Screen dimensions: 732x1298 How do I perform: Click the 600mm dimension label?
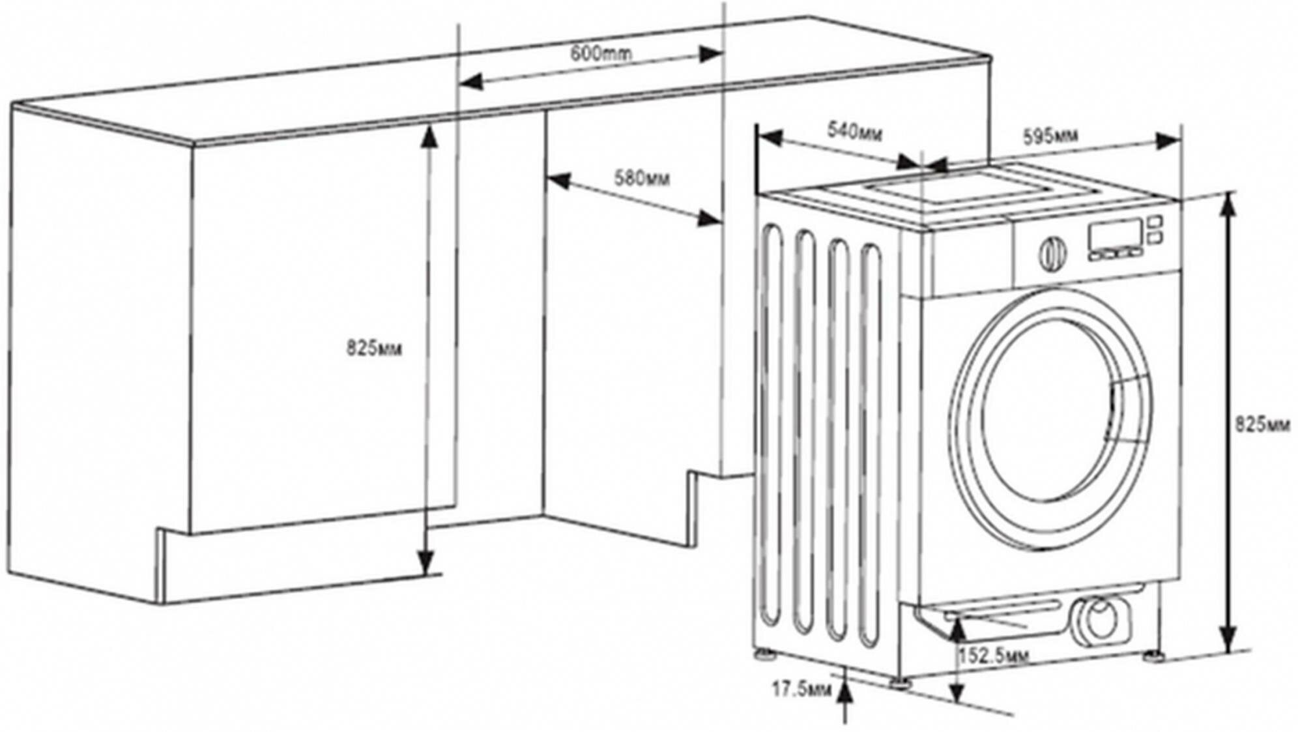pyautogui.click(x=600, y=53)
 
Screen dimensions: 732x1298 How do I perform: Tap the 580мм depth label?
pyautogui.click(x=641, y=177)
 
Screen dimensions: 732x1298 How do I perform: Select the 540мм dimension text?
pyautogui.click(x=854, y=132)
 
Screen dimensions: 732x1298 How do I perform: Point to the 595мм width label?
pyautogui.click(x=1050, y=136)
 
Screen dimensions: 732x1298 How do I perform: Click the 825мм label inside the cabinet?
pyautogui.click(x=374, y=349)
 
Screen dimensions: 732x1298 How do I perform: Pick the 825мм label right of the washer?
pyautogui.click(x=1262, y=425)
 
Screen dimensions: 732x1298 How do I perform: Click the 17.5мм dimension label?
pyautogui.click(x=801, y=688)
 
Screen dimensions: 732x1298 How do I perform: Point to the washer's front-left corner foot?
pyautogui.click(x=902, y=681)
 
